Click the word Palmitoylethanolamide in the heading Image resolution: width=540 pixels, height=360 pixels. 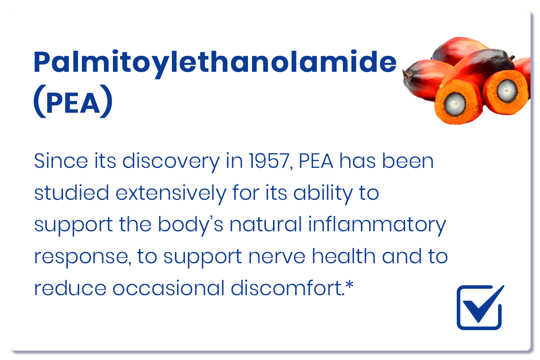pyautogui.click(x=215, y=63)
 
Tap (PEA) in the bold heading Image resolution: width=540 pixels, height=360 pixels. pyautogui.click(x=73, y=101)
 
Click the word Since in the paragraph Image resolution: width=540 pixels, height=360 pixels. pyautogui.click(x=61, y=161)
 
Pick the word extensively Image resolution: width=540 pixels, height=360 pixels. pyautogui.click(x=171, y=193)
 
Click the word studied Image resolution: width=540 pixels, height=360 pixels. pyautogui.click(x=72, y=193)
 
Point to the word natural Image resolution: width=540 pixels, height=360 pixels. pyautogui.click(x=265, y=224)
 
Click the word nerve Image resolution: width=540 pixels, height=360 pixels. pyautogui.click(x=277, y=256)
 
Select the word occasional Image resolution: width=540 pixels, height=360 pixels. pyautogui.click(x=168, y=288)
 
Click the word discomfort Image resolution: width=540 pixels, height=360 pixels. pyautogui.click(x=288, y=288)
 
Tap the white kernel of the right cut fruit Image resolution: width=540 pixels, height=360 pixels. pyautogui.click(x=507, y=91)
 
